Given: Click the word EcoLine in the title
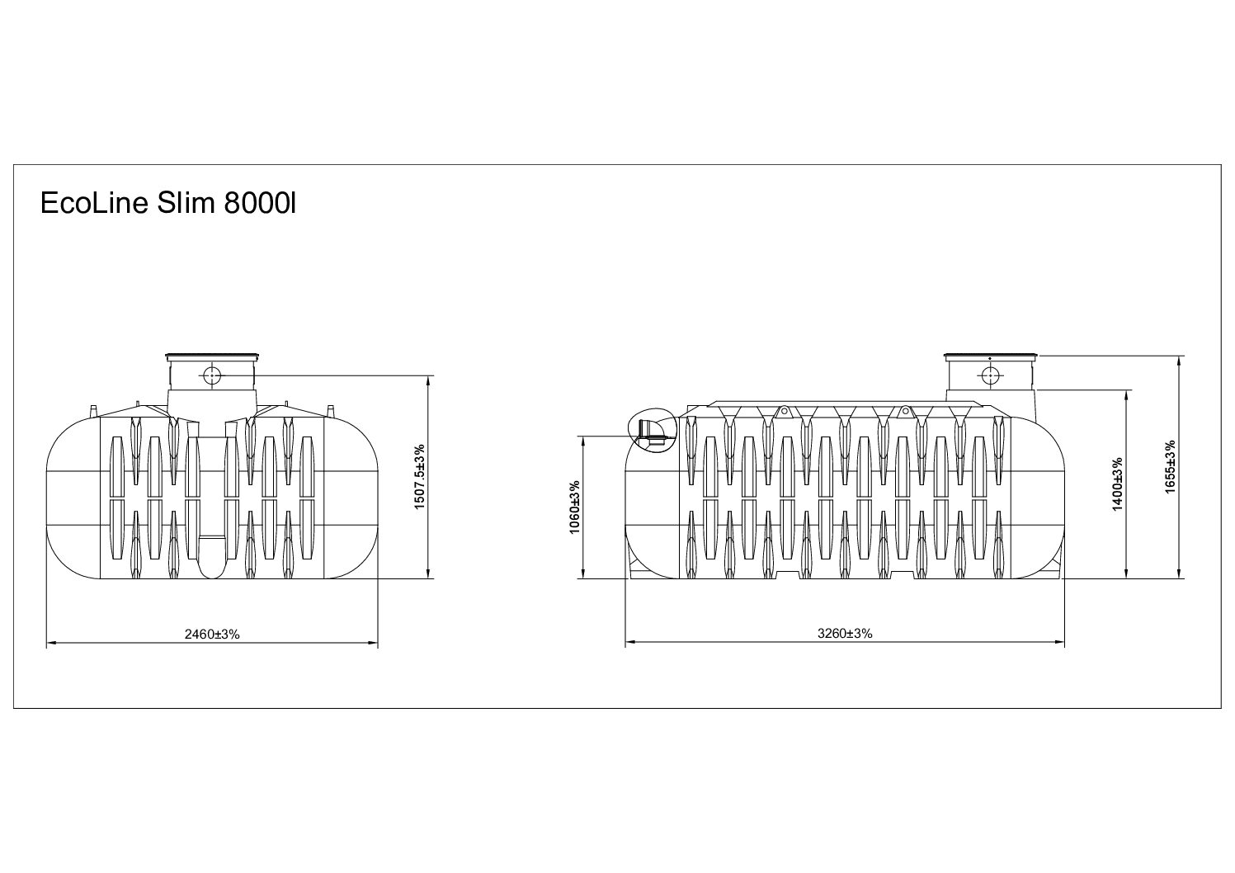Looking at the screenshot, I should point(94,204).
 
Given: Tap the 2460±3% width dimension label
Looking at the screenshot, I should point(212,635).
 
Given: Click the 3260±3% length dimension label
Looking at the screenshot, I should point(845,635).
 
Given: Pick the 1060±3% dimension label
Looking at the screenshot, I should point(575,507).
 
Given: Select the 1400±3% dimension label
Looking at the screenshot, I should point(1118,484).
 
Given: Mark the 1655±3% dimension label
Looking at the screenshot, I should point(1171,467).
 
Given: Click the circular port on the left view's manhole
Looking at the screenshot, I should point(211,375).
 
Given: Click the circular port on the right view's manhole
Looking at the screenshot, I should point(988,375).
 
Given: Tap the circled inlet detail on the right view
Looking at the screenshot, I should point(652,431).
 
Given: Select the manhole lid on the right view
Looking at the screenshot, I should point(989,356).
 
